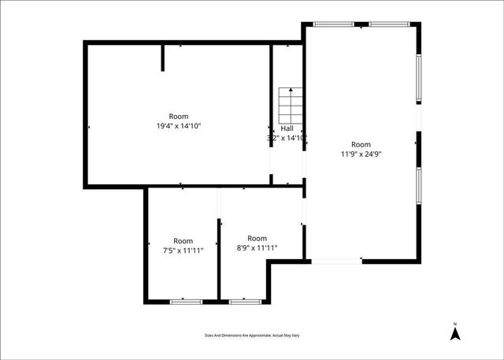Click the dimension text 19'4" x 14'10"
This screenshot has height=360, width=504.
(x=179, y=126)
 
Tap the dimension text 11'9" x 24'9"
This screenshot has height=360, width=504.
(x=361, y=154)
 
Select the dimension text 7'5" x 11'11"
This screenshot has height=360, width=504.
(x=183, y=251)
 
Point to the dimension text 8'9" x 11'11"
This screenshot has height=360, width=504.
(x=258, y=248)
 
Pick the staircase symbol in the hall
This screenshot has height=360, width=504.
(x=289, y=102)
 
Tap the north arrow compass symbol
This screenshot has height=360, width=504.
(x=454, y=333)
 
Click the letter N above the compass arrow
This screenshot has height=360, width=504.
(x=454, y=323)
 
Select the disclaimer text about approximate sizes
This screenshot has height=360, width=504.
(x=252, y=336)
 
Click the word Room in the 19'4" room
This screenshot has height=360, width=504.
(x=179, y=116)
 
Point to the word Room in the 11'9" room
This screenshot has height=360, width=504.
(x=361, y=144)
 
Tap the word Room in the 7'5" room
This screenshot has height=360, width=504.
(x=183, y=241)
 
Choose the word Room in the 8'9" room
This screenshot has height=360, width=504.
(x=258, y=238)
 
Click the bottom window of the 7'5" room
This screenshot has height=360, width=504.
(x=185, y=300)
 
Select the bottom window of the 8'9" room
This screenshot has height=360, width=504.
(x=242, y=300)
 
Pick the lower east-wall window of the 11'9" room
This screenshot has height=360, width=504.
(x=420, y=190)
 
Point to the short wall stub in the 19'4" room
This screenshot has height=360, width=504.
(x=163, y=58)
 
